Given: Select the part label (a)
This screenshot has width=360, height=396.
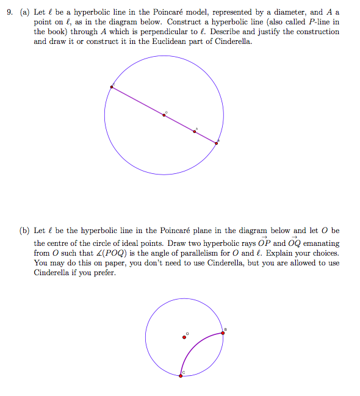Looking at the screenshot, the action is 24,12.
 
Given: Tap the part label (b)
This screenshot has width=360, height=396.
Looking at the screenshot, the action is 24,231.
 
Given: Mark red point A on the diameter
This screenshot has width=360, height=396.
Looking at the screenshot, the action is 195,131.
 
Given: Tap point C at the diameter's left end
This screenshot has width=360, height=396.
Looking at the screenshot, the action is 111,87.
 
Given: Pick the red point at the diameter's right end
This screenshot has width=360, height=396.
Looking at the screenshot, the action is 216,143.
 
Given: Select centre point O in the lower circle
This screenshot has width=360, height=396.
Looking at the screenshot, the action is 184,336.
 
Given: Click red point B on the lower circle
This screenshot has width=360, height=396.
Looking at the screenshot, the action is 222,333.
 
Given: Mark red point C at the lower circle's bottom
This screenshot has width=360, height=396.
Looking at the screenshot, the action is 181,375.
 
